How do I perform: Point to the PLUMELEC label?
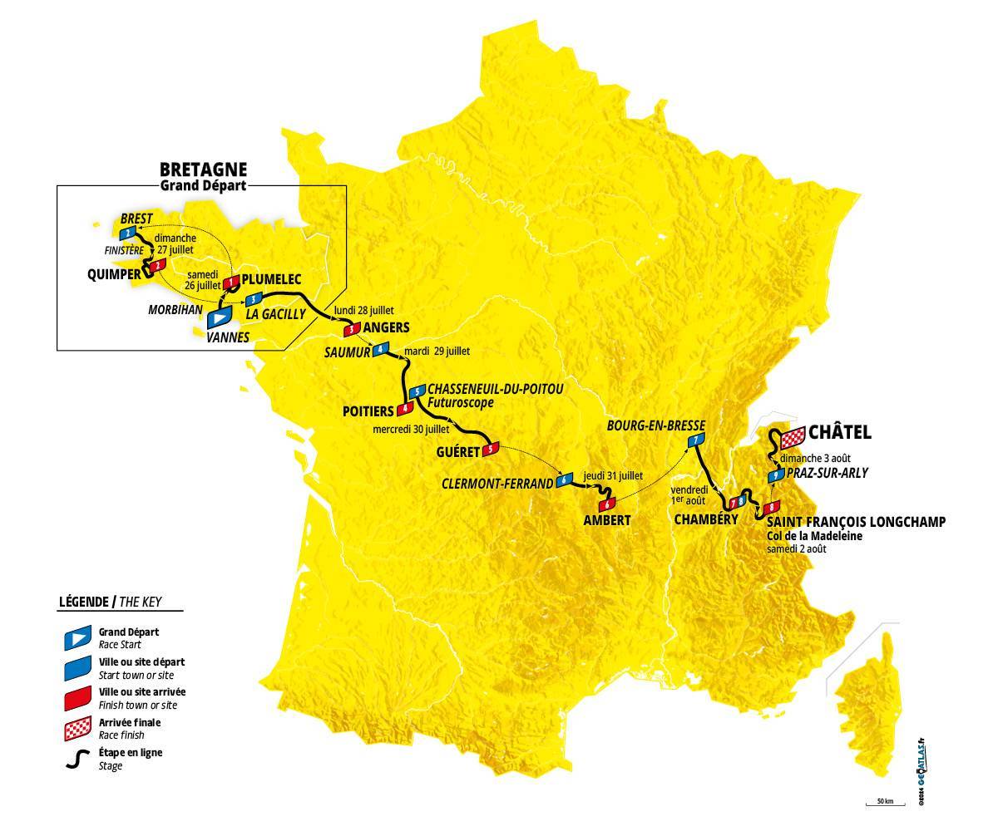pyautogui.click(x=274, y=280)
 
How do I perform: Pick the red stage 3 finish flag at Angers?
pyautogui.click(x=353, y=328)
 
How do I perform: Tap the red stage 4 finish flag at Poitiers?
pyautogui.click(x=405, y=408)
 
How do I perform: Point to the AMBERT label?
pyautogui.click(x=607, y=520)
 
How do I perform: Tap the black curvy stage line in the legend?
pyautogui.click(x=77, y=759)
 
